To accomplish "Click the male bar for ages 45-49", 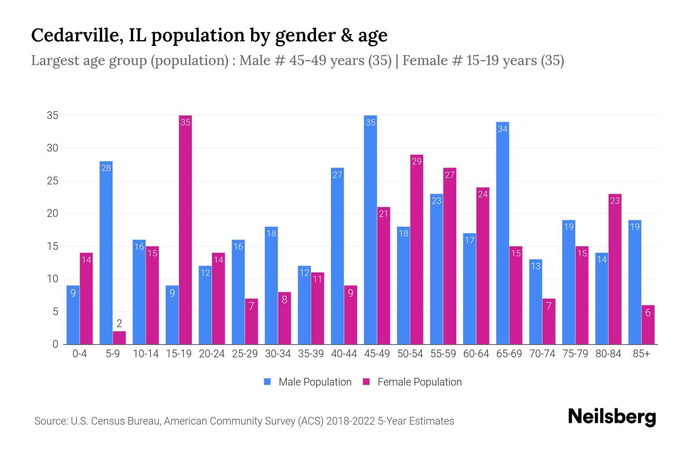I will click(x=370, y=229).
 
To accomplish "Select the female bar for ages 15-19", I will click(x=185, y=229).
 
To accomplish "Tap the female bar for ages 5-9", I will click(x=119, y=338).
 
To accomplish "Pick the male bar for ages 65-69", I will click(x=502, y=233).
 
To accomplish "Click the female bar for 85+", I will click(x=648, y=325).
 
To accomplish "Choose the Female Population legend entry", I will click(x=412, y=382).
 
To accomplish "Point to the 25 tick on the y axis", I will click(x=52, y=181).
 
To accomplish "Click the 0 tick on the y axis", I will click(x=56, y=344).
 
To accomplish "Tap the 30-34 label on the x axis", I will click(x=278, y=354).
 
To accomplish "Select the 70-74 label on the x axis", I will click(x=542, y=354).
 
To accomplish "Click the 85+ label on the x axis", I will click(x=641, y=354).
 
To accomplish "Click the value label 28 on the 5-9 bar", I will click(x=106, y=168).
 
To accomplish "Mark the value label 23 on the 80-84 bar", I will click(x=615, y=201).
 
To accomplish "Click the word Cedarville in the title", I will click(x=77, y=35).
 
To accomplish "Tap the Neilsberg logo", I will click(x=612, y=417).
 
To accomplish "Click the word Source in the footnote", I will click(x=51, y=421).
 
